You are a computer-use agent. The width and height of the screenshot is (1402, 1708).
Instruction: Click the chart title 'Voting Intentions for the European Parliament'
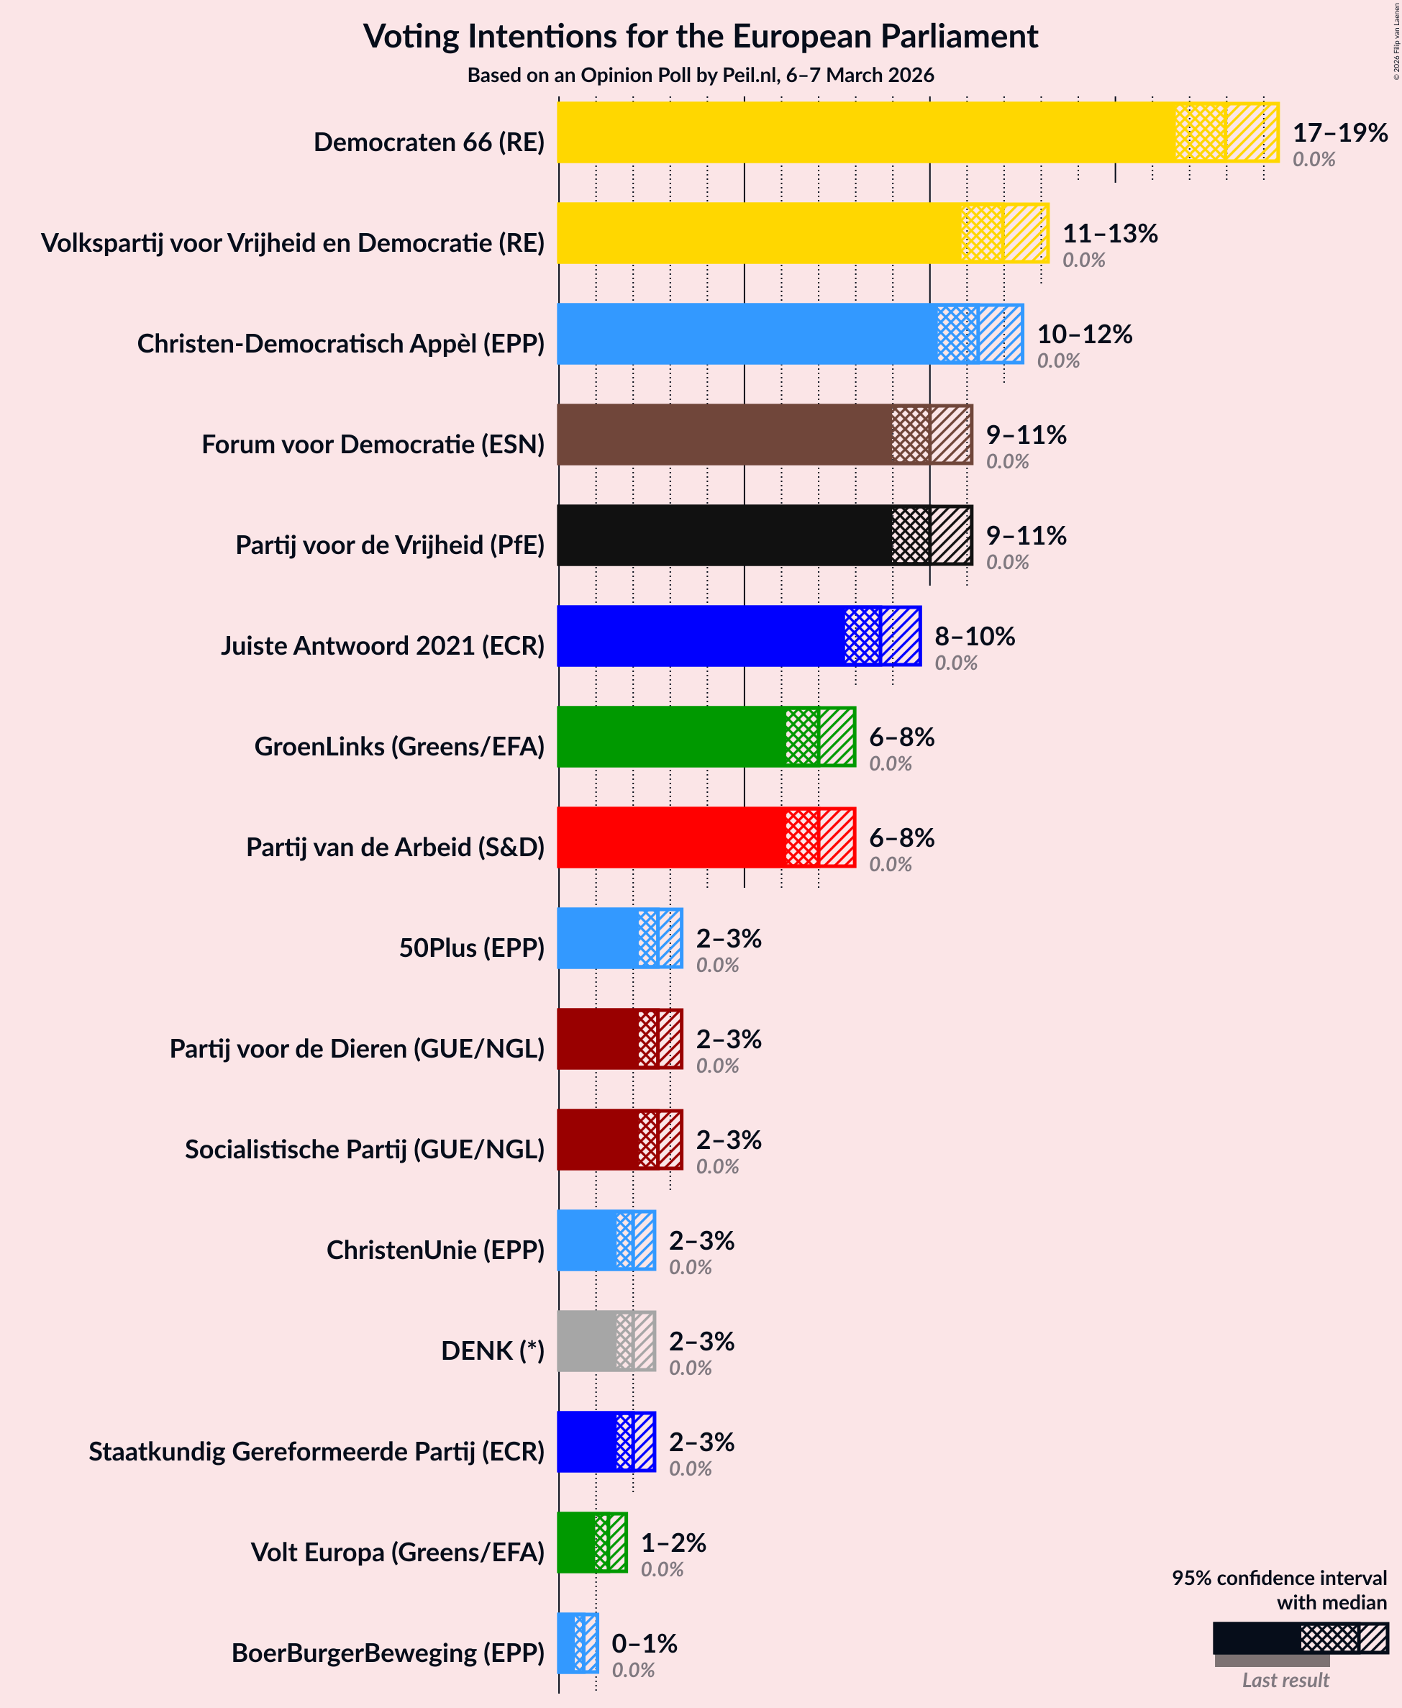coord(700,37)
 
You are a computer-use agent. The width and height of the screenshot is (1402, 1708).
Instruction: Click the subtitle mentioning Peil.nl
coord(700,75)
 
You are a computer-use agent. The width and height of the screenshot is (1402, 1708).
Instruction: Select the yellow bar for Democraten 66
coord(864,132)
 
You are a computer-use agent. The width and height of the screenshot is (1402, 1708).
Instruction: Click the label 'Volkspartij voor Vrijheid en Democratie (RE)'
coord(292,242)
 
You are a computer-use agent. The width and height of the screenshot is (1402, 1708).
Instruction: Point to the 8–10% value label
coord(974,636)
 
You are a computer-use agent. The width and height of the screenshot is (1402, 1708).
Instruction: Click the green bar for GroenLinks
coord(670,737)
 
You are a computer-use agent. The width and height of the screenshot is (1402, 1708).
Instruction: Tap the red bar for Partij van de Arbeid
coord(670,837)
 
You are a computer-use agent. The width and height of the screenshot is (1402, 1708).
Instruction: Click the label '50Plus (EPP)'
coord(472,948)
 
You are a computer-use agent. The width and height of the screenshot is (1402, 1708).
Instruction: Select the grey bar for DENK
coord(586,1341)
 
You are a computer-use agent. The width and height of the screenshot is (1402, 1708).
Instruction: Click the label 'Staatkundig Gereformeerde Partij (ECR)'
coord(317,1451)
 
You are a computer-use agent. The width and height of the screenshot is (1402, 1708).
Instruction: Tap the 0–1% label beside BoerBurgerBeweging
coord(644,1643)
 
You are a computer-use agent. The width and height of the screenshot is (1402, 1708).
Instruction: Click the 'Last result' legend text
coord(1284,1681)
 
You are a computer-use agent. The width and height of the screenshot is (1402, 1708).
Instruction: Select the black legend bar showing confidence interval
coord(1257,1638)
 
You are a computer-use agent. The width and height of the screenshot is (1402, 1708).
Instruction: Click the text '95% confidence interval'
coord(1278,1578)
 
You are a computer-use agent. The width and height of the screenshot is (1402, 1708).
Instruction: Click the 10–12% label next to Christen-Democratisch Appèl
coord(1084,335)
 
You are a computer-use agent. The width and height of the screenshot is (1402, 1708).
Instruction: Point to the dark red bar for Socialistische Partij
coord(598,1140)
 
